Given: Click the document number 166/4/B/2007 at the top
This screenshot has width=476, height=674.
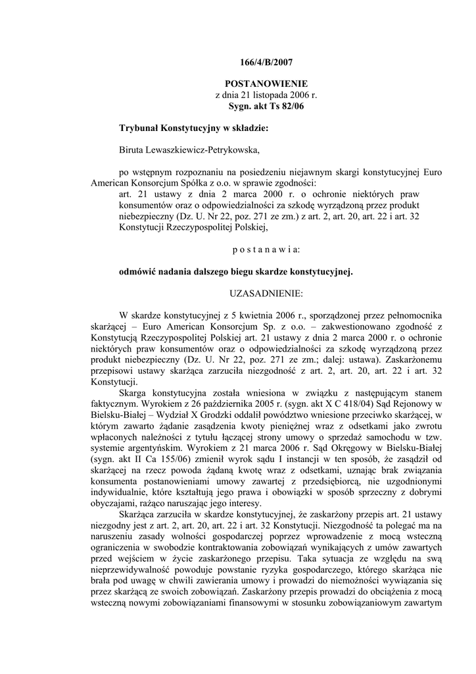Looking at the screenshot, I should point(266,63).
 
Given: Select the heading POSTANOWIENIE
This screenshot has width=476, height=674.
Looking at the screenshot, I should point(266,85).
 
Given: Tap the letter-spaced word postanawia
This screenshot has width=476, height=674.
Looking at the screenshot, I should point(266,250).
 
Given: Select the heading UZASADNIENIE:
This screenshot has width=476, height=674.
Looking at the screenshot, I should point(266,293).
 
